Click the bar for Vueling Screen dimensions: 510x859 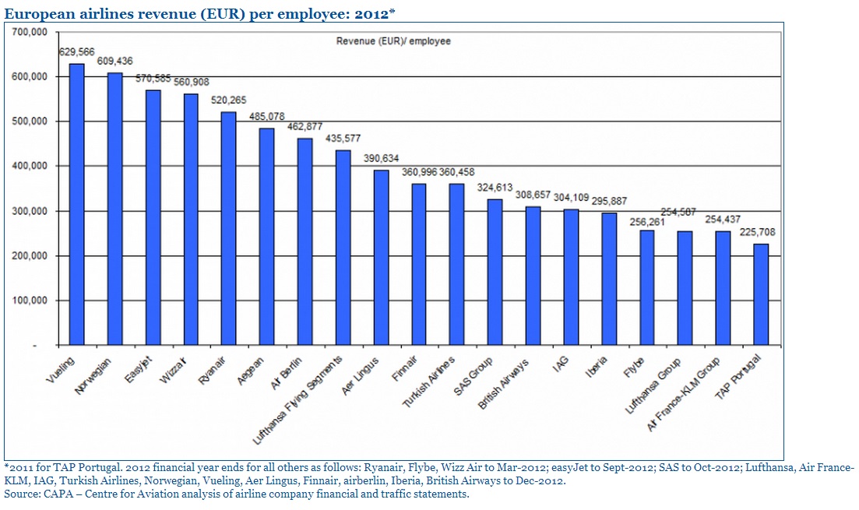(x=77, y=204)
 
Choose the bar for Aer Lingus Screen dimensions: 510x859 (x=381, y=257)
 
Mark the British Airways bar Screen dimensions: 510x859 (x=533, y=276)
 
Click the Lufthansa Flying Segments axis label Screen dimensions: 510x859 (x=301, y=399)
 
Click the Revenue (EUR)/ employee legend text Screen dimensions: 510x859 (x=393, y=41)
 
